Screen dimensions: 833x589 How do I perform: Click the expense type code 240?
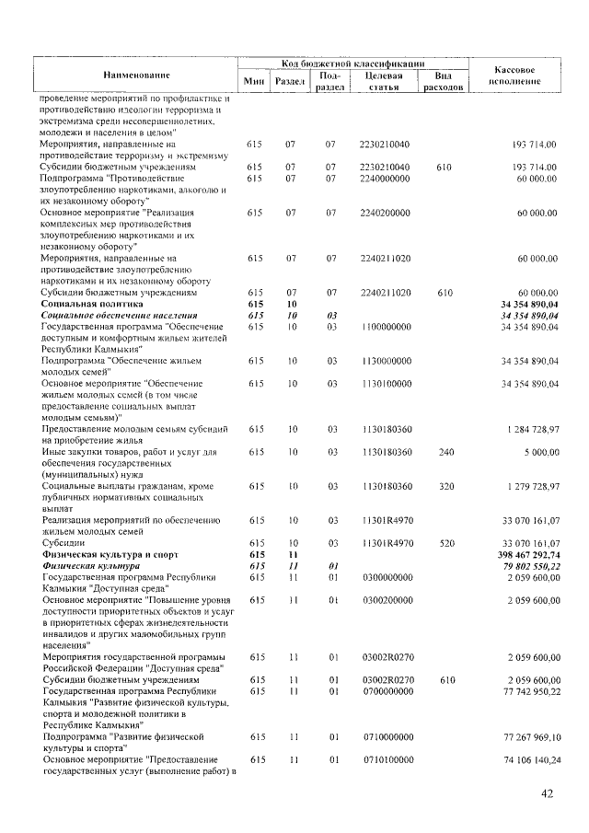click(445, 452)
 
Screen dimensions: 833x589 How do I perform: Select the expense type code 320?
click(445, 485)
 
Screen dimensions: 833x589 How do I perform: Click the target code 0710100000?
click(386, 759)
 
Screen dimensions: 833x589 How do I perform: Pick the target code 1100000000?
click(386, 327)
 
